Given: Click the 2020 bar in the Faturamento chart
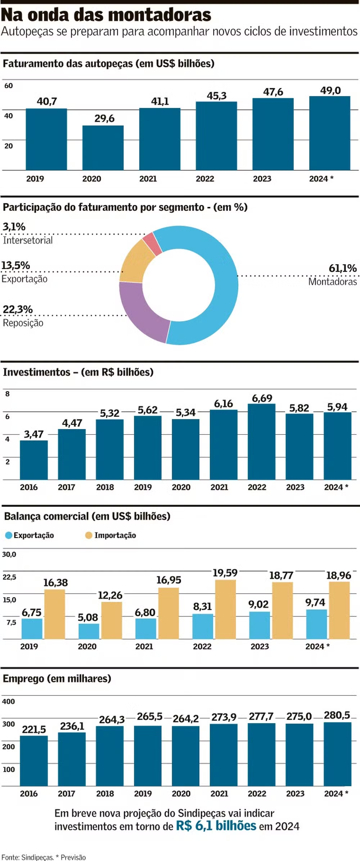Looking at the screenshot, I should click(103, 148).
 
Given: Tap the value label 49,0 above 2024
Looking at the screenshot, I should click(330, 90).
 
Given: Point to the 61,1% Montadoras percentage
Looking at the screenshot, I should click(342, 268).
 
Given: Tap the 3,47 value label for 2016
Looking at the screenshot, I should click(33, 434).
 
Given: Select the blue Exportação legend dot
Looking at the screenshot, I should click(9, 535).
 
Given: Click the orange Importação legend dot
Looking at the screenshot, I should click(89, 535).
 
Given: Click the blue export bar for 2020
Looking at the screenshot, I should click(89, 631).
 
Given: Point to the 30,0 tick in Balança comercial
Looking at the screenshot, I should click(9, 554).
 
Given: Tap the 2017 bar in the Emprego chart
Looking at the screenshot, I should click(72, 759).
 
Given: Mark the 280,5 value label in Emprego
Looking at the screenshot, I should click(337, 715).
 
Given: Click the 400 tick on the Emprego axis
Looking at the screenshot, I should click(8, 702).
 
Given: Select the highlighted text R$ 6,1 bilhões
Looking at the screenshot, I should click(216, 826).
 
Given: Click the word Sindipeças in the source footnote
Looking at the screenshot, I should click(37, 857).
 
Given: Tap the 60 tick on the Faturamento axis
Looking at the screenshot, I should click(8, 86).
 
